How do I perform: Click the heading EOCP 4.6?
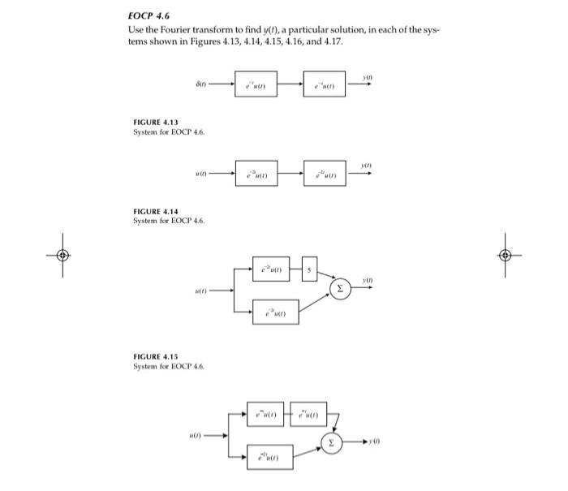point(148,15)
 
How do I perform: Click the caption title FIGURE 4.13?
point(155,123)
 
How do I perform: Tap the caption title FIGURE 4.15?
point(155,356)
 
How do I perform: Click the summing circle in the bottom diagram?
point(329,442)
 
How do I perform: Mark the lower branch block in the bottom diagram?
point(268,459)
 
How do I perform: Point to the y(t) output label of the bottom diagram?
point(375,442)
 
